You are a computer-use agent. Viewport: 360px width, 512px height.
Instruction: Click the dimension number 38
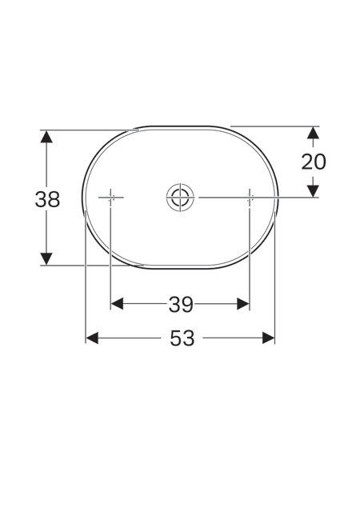[x=48, y=199]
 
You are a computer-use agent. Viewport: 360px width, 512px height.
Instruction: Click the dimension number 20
[x=314, y=162]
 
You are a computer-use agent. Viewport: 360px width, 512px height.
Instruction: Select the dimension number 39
[x=182, y=305]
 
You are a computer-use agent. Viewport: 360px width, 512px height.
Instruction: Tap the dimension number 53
[x=182, y=338]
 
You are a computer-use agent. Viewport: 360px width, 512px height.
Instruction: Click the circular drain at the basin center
[x=180, y=198]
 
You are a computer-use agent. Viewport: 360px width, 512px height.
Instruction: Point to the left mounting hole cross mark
[x=110, y=198]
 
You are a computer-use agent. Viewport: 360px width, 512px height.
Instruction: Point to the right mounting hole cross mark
[x=250, y=198]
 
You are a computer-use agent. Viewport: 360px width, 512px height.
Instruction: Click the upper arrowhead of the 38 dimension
[x=46, y=136]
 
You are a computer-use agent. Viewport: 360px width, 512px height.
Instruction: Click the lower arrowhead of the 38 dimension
[x=46, y=258]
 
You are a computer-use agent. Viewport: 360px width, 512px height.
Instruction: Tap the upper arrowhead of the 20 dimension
[x=314, y=133]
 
